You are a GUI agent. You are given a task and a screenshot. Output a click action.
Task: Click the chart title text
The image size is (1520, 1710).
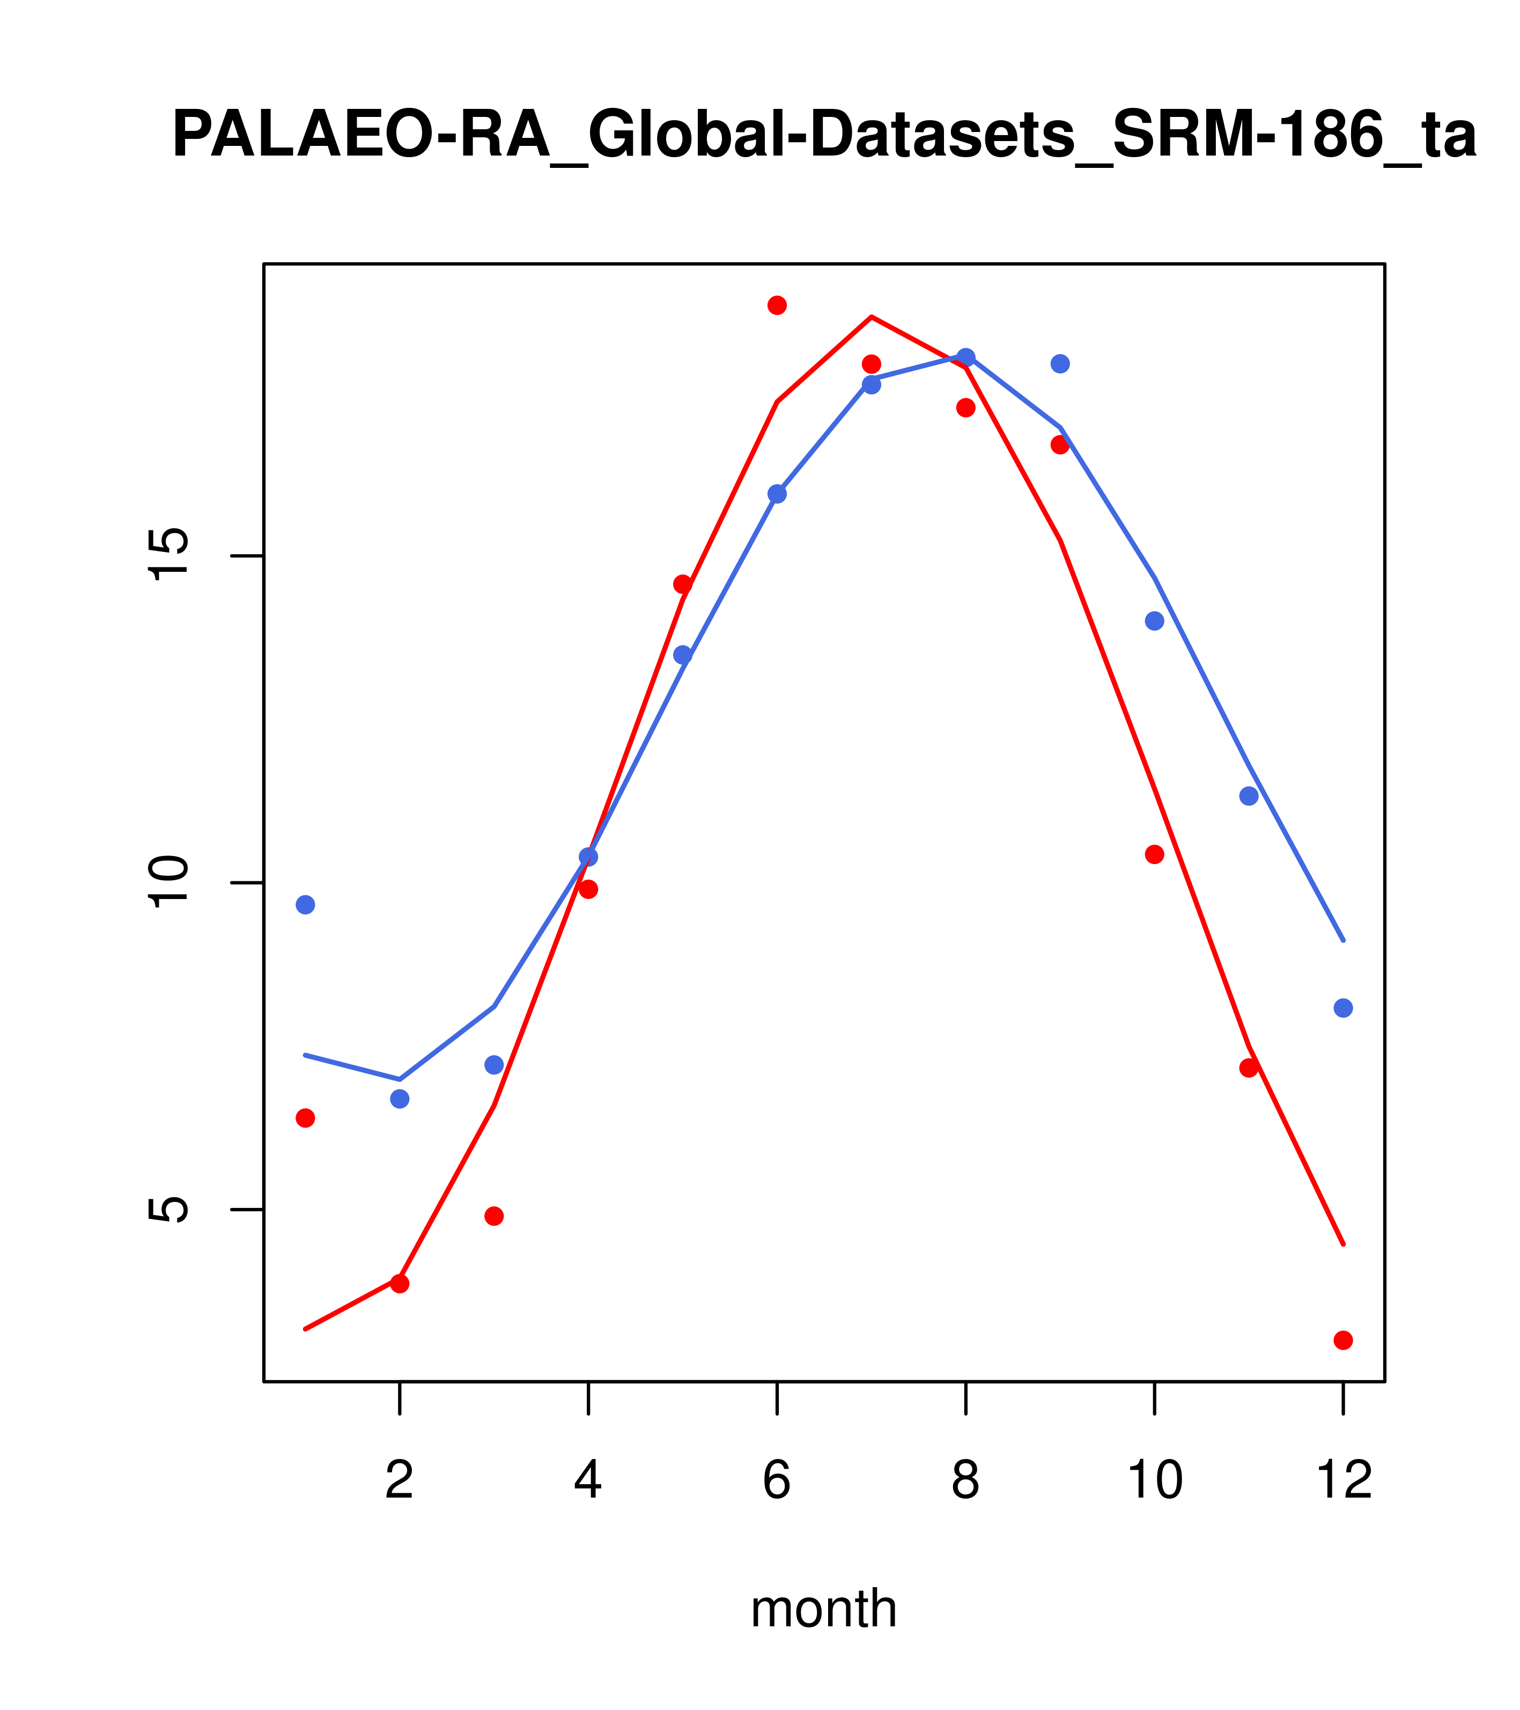coord(824,136)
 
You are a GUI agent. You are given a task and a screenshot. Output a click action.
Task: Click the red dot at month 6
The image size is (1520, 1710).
coord(777,305)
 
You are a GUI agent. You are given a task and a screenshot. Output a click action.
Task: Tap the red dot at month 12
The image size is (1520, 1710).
coord(1344,1340)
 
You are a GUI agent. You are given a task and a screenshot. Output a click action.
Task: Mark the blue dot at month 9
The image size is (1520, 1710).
coord(1060,364)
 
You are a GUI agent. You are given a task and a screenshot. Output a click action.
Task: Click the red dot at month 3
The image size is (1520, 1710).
coord(495,1215)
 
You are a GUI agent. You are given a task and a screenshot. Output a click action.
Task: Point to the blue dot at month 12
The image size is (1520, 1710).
coord(1344,1008)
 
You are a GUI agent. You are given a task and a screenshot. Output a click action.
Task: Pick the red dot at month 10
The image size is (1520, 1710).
coord(1154,854)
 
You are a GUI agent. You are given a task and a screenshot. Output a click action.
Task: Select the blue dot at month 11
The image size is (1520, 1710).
coord(1249,795)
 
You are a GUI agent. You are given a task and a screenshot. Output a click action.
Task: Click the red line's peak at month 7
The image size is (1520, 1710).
coord(872,317)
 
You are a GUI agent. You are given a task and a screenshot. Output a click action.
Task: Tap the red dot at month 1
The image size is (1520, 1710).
coord(305,1118)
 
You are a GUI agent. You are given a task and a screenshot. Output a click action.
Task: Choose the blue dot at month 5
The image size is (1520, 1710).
coord(683,655)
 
